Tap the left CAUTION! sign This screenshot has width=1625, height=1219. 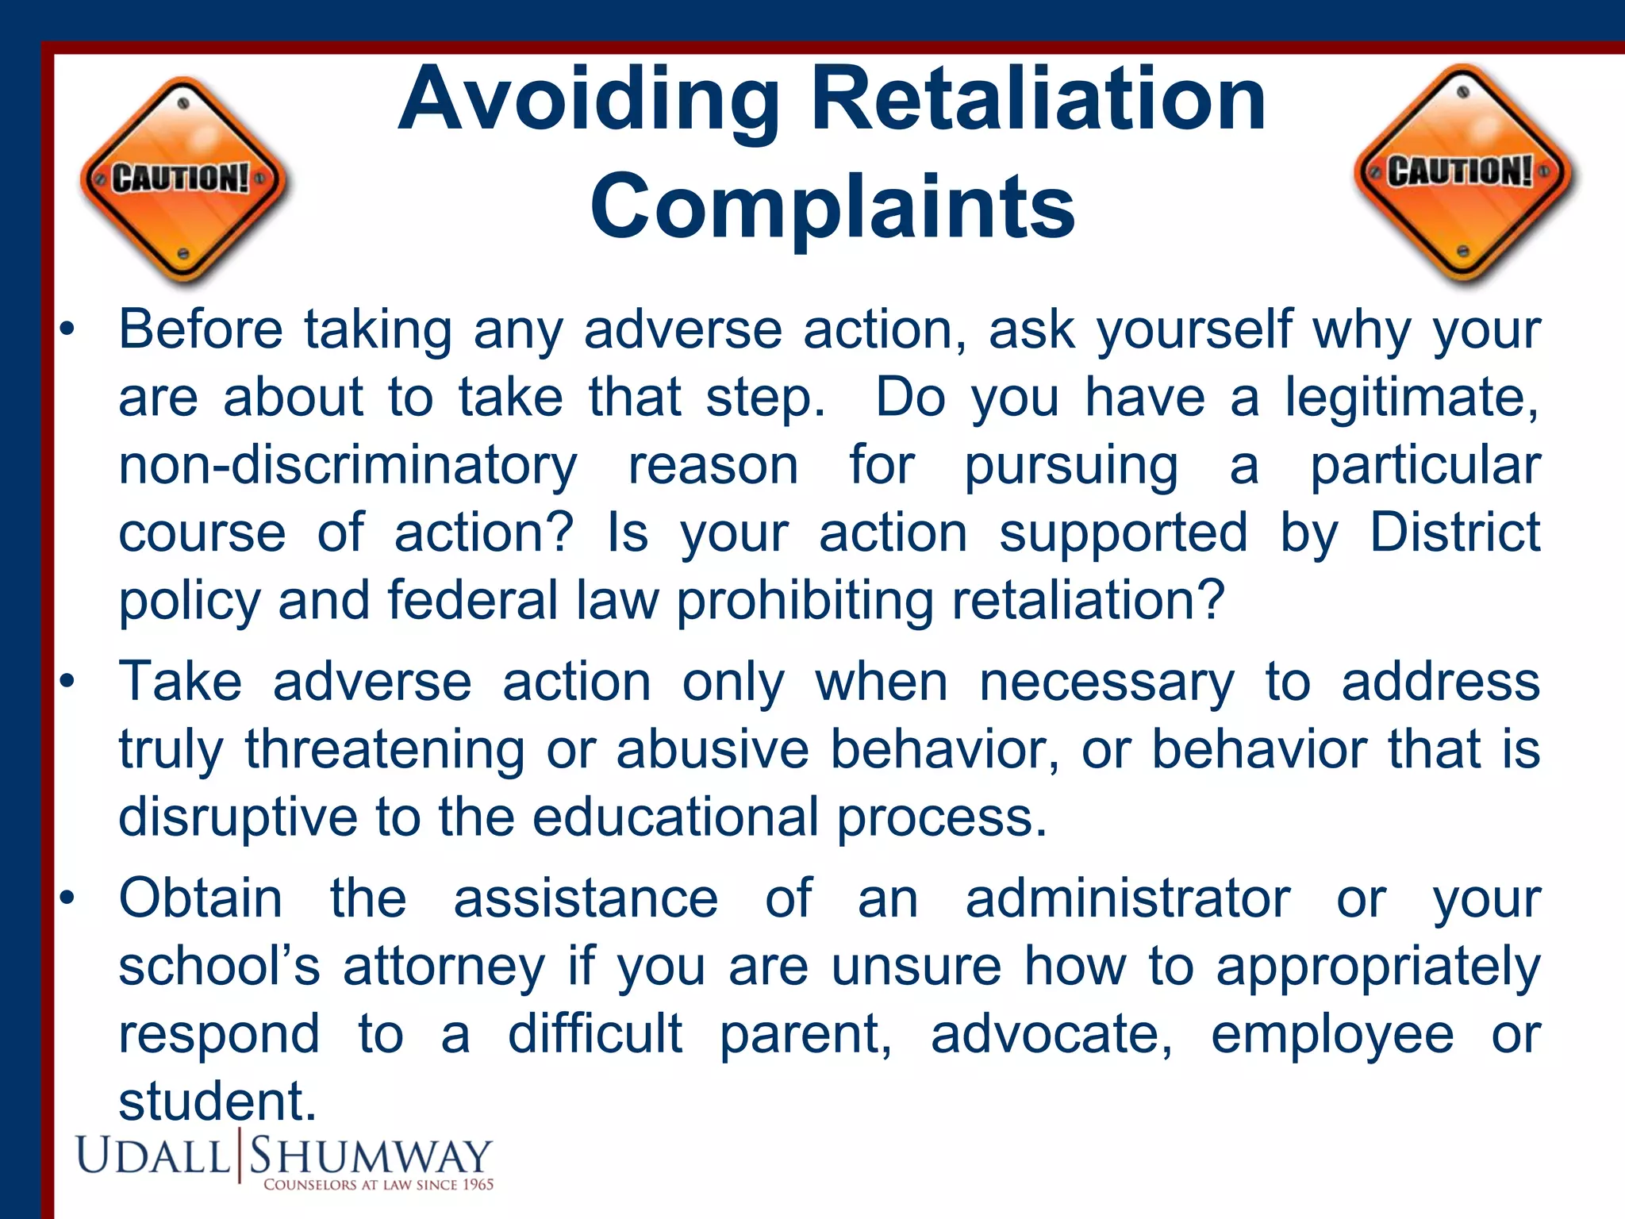click(183, 179)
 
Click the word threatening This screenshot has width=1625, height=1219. click(384, 750)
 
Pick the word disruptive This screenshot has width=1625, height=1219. click(238, 817)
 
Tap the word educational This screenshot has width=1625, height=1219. click(674, 817)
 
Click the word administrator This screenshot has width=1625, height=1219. click(1128, 898)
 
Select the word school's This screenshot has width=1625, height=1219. click(219, 967)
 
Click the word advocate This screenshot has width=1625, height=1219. click(1051, 1034)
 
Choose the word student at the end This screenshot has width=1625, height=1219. click(216, 1102)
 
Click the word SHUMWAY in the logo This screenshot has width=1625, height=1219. click(371, 1157)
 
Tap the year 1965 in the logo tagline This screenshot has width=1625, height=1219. click(478, 1185)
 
